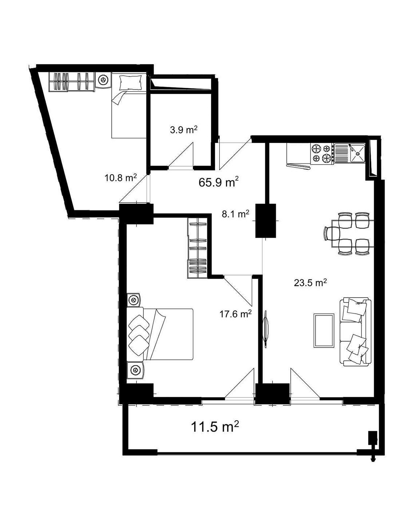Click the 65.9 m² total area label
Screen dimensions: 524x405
(218, 182)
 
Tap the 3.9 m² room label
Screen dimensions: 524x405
(183, 130)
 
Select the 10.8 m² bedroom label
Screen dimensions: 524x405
(120, 178)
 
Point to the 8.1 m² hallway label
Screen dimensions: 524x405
(235, 214)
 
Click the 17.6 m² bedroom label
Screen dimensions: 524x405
(235, 314)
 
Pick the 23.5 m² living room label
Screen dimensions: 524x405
(310, 283)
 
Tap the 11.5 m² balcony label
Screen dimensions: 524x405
(215, 427)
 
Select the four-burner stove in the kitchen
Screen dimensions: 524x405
(322, 153)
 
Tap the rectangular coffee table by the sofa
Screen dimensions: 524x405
(324, 330)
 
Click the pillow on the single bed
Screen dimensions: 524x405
(130, 83)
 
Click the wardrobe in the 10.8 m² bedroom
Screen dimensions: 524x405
(71, 82)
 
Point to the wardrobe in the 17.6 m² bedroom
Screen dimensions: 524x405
(197, 248)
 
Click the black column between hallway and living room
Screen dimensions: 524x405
(266, 221)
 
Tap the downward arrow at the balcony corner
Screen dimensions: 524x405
(373, 459)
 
